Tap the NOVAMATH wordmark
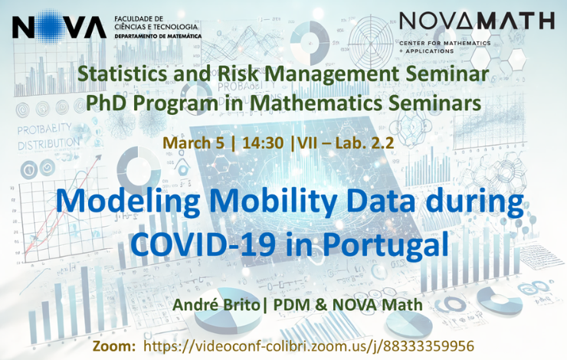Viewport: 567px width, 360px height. [477, 21]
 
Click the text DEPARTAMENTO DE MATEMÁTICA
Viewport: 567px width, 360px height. [158, 37]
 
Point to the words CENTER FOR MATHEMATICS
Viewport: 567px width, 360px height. [444, 44]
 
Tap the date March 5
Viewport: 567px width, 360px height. [193, 142]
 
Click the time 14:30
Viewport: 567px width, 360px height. [263, 142]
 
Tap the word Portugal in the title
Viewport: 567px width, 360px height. [385, 244]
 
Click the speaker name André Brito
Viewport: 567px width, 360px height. [216, 304]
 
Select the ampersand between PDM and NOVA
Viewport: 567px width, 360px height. [322, 305]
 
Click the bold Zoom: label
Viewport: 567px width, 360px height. [114, 346]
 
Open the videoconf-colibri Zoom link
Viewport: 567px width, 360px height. [309, 346]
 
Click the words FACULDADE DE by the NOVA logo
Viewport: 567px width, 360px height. [139, 18]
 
